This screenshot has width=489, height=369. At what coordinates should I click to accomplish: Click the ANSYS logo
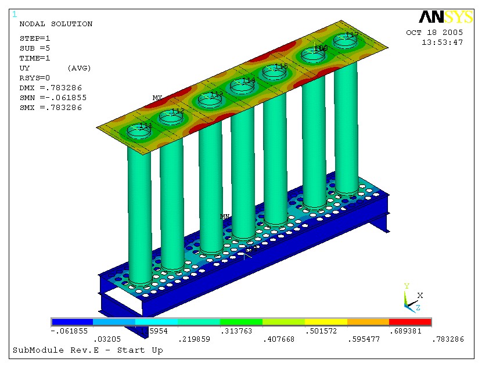click(445, 17)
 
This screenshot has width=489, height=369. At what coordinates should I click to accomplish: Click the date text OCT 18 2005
click(434, 33)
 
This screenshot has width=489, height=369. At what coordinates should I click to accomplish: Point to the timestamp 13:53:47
click(442, 42)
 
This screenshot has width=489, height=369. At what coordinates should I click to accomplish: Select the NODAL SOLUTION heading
click(56, 24)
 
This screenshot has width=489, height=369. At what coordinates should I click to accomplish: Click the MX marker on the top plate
click(157, 98)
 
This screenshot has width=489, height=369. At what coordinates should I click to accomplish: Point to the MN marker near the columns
click(225, 217)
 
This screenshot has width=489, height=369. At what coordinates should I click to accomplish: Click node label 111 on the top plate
click(146, 126)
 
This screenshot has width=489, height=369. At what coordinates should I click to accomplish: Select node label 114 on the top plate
click(249, 80)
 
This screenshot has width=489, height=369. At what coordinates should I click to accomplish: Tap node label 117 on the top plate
click(352, 35)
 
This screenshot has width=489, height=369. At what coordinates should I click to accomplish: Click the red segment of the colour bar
click(410, 321)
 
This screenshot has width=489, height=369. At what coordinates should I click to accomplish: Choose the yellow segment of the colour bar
click(326, 321)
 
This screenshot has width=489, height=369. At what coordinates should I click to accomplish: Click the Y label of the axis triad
click(407, 286)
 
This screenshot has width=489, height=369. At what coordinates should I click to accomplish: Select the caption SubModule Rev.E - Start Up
click(88, 350)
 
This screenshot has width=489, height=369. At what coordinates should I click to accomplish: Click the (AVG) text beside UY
click(80, 68)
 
